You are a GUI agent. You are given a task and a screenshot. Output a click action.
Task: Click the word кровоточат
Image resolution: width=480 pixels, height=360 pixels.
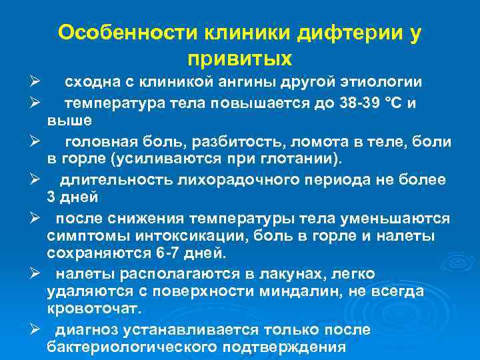(93, 310)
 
